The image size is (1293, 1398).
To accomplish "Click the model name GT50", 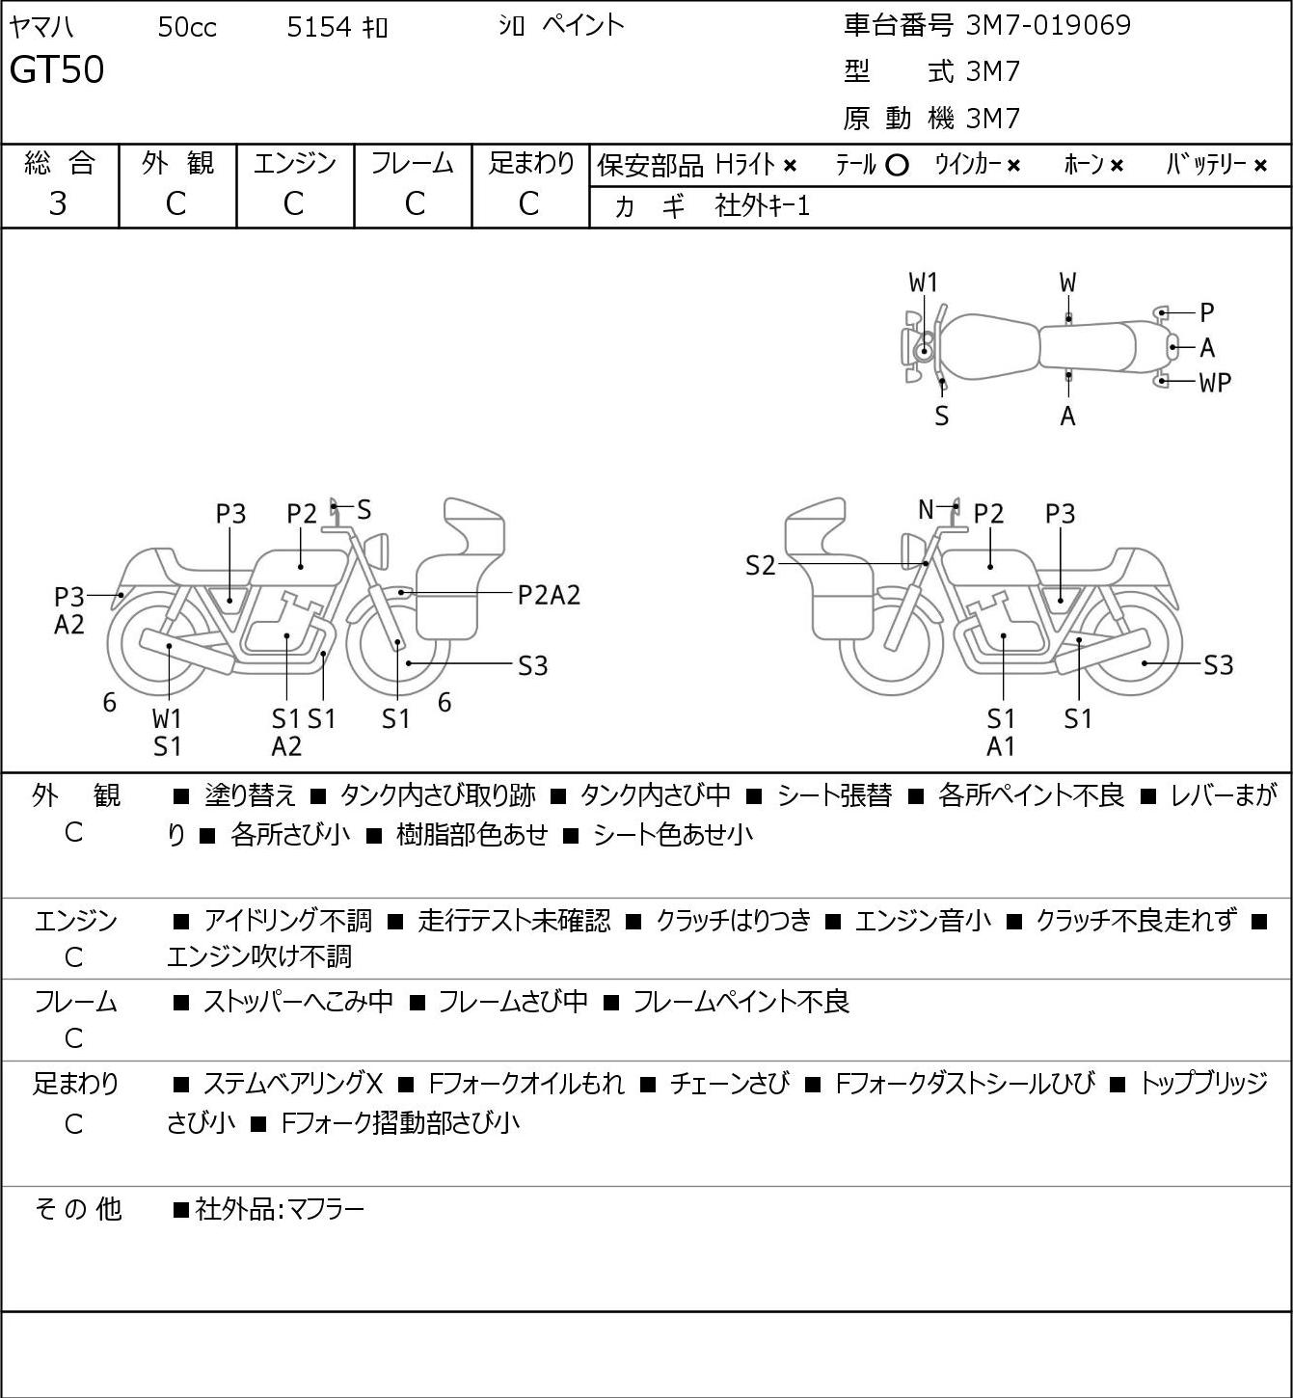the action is click(56, 69).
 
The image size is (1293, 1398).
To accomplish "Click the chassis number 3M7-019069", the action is click(1048, 25).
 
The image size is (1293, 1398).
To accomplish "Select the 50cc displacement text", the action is click(187, 27).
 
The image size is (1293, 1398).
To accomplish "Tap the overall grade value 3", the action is click(58, 204).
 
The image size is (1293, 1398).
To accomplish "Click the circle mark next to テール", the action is click(897, 166).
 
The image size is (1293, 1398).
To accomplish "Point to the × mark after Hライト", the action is click(791, 166).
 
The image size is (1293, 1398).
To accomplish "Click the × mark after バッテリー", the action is click(1260, 166).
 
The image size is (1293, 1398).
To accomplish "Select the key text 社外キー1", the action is click(763, 206).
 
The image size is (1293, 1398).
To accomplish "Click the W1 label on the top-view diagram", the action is click(924, 283).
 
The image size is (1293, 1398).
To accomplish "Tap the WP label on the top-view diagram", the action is click(1216, 383).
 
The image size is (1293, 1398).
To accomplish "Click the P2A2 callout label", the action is click(549, 596).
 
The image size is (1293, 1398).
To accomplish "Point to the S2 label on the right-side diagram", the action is click(760, 565).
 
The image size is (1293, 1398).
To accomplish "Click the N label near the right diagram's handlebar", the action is click(926, 509).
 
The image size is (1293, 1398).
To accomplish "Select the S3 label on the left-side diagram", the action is click(532, 665).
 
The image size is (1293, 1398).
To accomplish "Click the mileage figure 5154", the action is click(318, 27).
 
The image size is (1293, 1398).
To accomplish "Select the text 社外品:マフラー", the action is click(280, 1210).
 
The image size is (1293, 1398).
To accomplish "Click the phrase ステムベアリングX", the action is click(293, 1084).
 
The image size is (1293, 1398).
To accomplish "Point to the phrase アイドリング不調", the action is click(287, 920).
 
